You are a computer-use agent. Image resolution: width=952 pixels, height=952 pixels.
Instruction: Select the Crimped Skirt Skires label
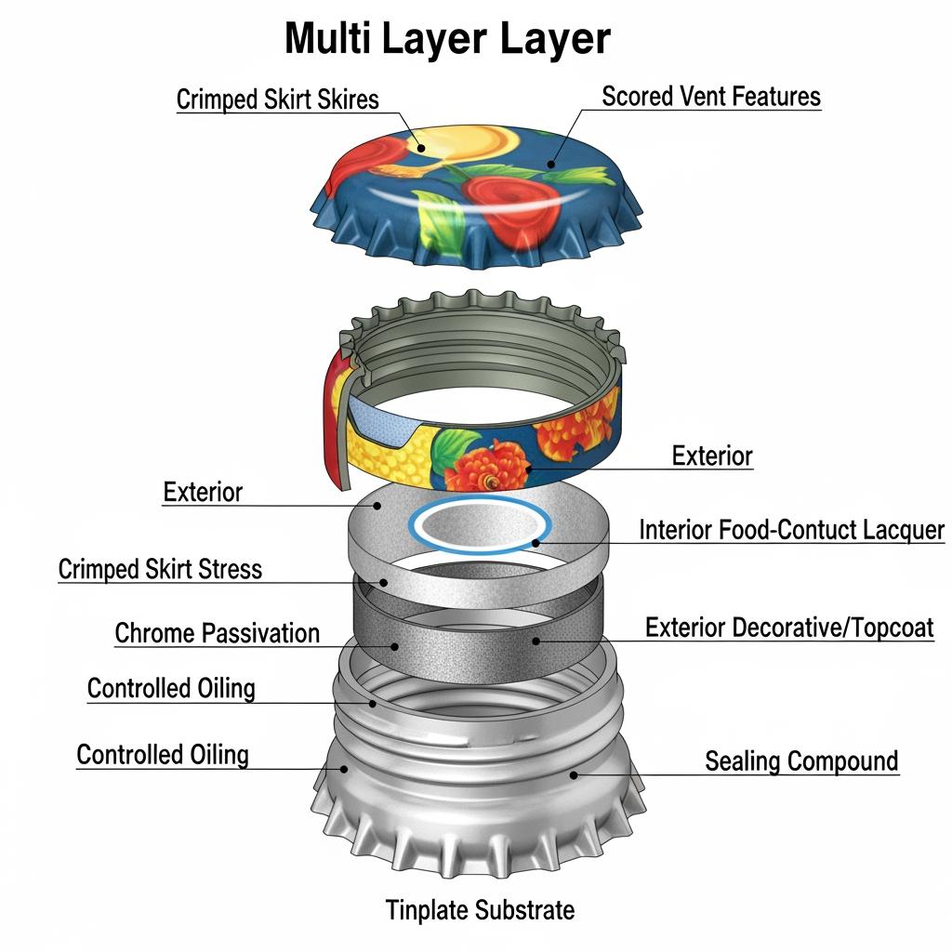(277, 99)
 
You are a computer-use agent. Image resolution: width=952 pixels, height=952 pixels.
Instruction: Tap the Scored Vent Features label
(711, 97)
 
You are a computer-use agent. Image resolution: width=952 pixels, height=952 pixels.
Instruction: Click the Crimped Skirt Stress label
(160, 569)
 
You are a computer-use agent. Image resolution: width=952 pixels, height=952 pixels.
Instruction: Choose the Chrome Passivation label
(217, 634)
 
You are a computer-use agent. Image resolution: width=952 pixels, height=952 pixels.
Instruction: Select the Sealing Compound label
(801, 761)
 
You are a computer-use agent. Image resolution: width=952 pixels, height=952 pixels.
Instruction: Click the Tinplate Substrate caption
(480, 909)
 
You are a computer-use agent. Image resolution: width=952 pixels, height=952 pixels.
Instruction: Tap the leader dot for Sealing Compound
(574, 773)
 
